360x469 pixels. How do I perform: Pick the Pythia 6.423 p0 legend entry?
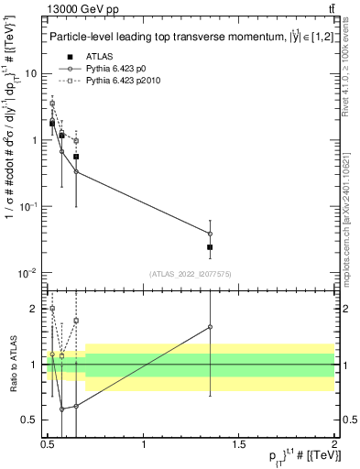point(115,68)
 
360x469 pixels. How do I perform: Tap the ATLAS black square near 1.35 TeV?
point(210,247)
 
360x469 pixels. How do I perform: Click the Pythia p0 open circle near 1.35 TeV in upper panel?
point(210,234)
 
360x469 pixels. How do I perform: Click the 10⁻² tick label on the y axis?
point(29,273)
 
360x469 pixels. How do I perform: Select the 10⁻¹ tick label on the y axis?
point(29,207)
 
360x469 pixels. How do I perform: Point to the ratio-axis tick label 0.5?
point(30,420)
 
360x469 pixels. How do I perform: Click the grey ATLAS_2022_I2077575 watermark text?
point(191,274)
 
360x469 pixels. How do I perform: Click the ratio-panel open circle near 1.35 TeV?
point(210,327)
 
